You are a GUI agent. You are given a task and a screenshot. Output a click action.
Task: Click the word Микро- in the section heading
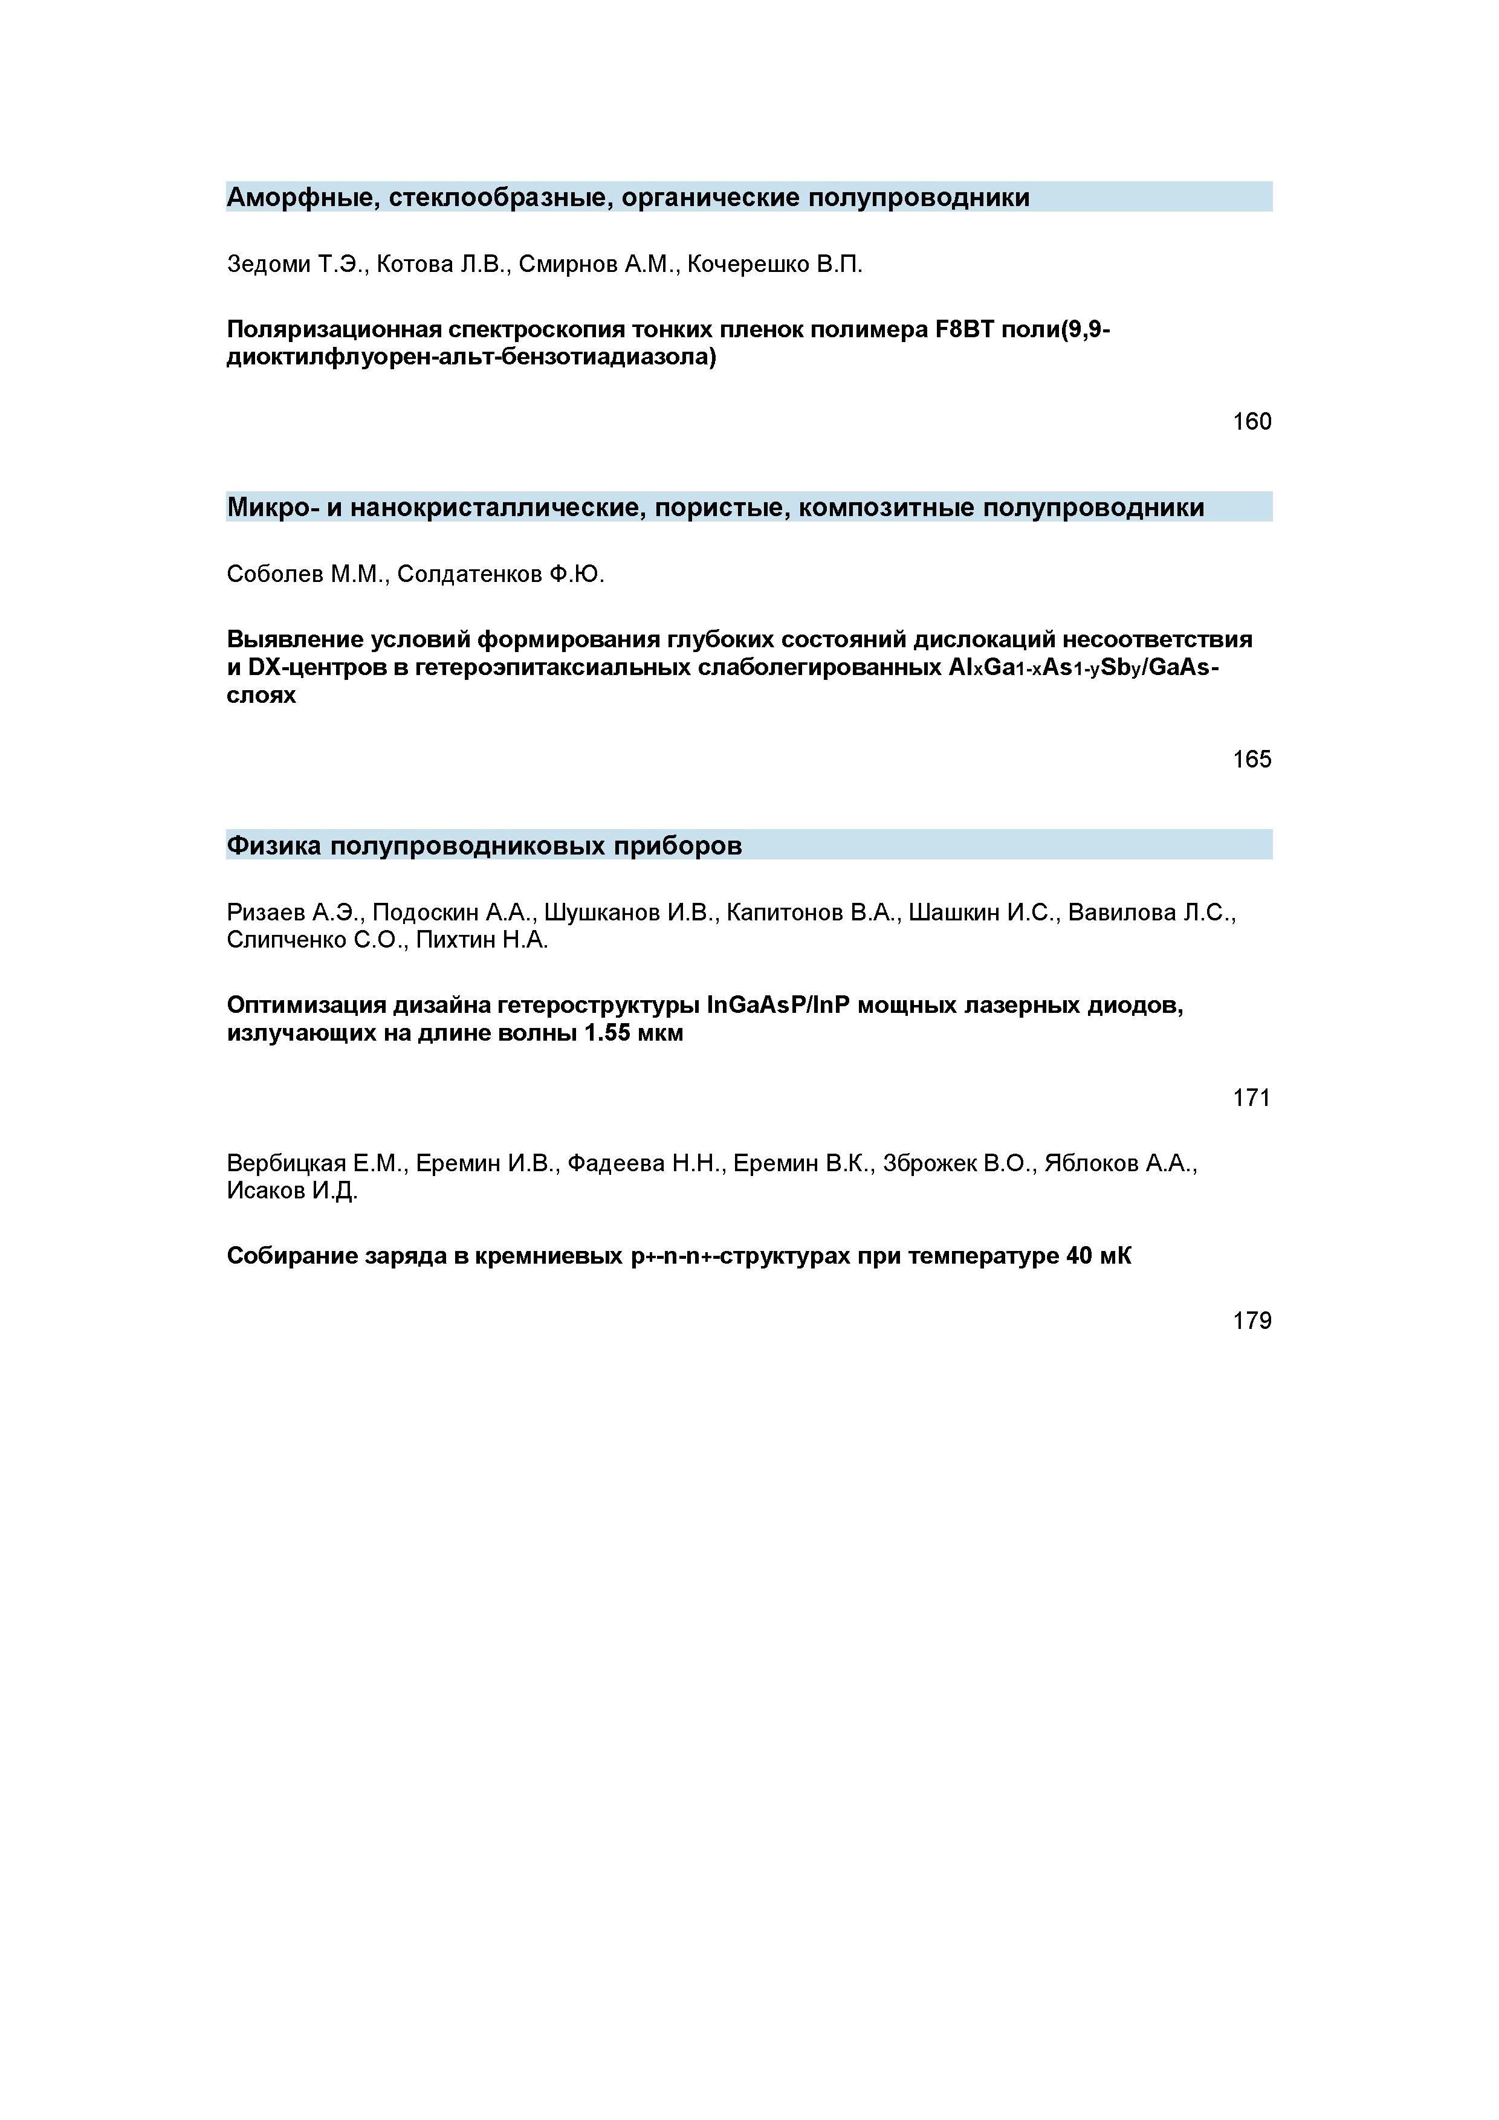coord(271,508)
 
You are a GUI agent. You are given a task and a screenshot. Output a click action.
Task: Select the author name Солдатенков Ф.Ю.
coord(500,575)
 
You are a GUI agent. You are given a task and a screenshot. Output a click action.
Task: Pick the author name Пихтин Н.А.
coord(482,941)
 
